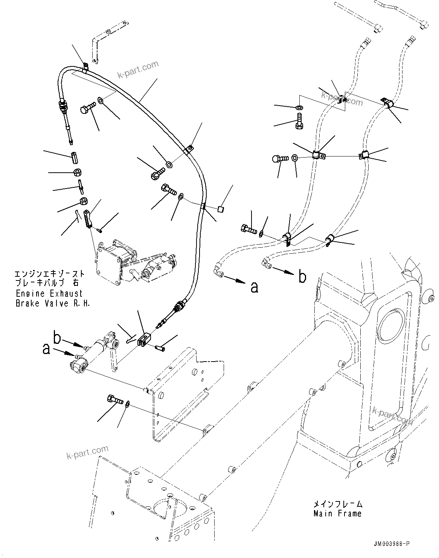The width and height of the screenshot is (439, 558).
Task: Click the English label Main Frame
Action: pos(337,513)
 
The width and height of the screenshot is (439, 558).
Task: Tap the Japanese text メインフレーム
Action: pos(337,504)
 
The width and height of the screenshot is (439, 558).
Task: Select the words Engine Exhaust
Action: pos(49,293)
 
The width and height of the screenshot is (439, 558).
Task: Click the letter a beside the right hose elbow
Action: pos(255,287)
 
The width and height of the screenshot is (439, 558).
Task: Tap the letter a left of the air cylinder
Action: pos(46,350)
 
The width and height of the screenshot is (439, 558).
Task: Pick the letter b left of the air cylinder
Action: pos(57,338)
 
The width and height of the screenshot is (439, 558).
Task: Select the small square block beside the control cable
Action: pos(221,208)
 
